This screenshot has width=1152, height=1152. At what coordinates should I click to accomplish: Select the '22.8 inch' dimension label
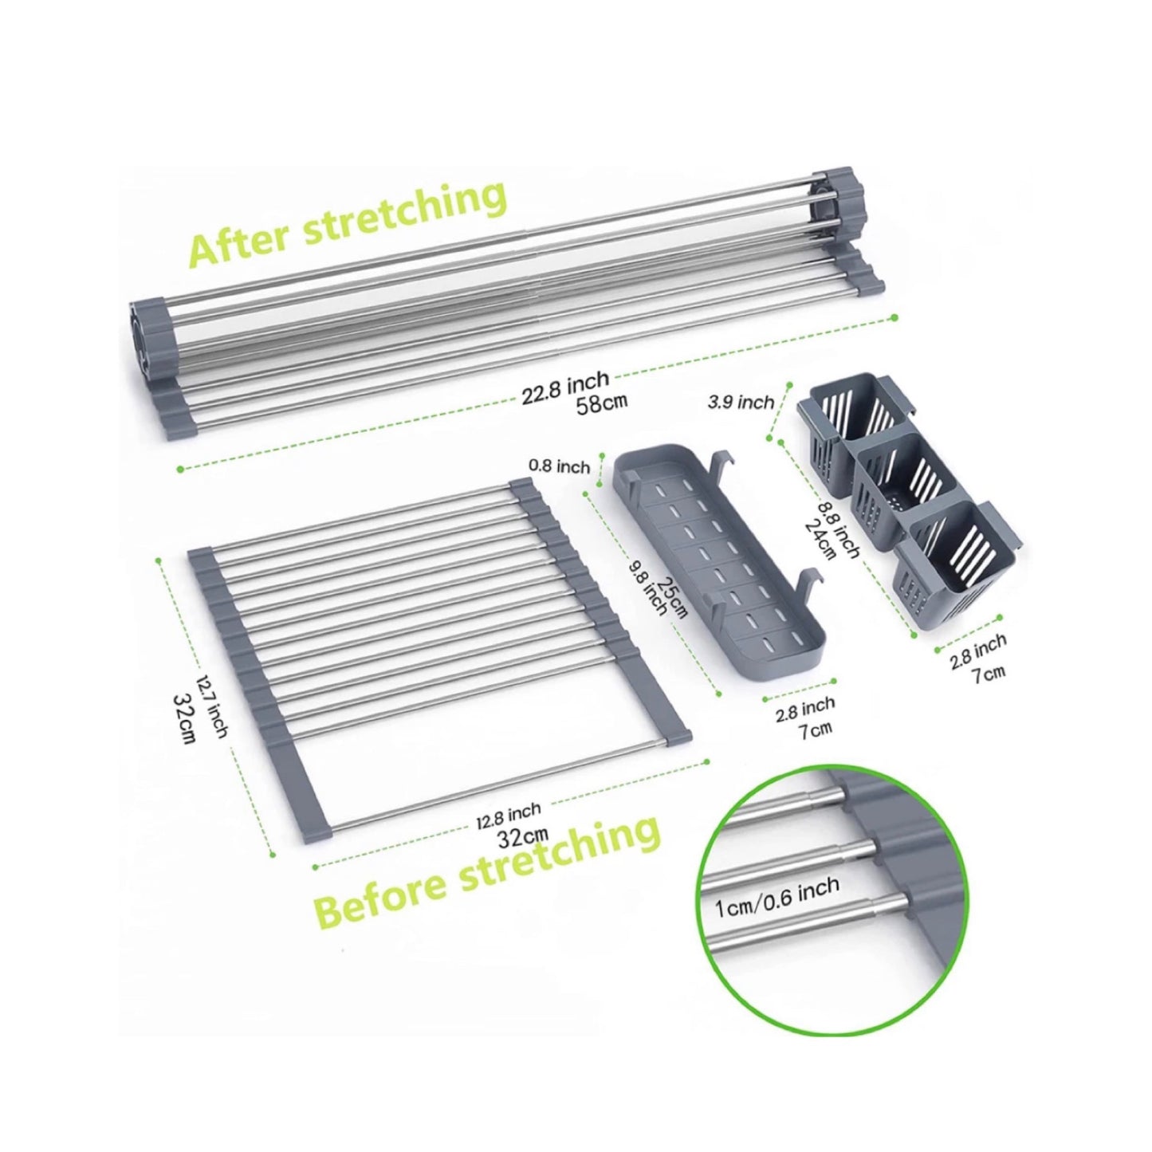(565, 387)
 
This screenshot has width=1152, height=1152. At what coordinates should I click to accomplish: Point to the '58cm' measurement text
(601, 403)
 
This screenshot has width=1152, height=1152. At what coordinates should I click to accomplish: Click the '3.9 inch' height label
(741, 403)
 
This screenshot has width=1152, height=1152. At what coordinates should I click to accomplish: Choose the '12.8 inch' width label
(509, 815)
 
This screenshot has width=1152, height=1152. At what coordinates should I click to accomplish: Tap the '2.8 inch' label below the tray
(805, 710)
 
